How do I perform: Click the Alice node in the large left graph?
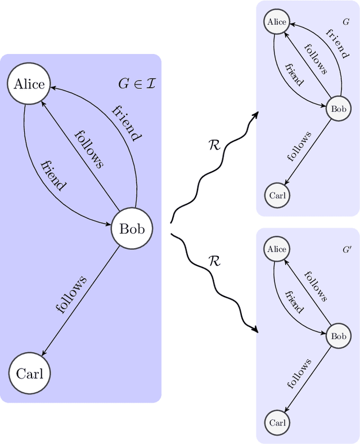[29, 84]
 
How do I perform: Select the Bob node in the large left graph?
[132, 229]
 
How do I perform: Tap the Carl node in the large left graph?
[29, 374]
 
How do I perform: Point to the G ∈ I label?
[137, 84]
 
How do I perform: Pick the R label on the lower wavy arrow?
[214, 261]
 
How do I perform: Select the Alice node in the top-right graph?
[277, 22]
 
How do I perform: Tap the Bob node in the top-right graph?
[339, 109]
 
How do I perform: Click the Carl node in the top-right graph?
[277, 196]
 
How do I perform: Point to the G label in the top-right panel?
[345, 22]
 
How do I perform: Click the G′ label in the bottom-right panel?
[347, 249]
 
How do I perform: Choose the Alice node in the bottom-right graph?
[277, 249]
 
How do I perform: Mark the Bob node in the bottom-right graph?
[339, 337]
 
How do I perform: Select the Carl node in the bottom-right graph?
[277, 423]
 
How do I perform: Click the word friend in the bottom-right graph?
[294, 302]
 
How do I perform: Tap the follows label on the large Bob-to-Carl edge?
[71, 294]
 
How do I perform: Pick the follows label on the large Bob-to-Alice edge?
[89, 149]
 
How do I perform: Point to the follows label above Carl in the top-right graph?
[299, 146]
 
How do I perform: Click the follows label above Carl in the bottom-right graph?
[299, 374]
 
